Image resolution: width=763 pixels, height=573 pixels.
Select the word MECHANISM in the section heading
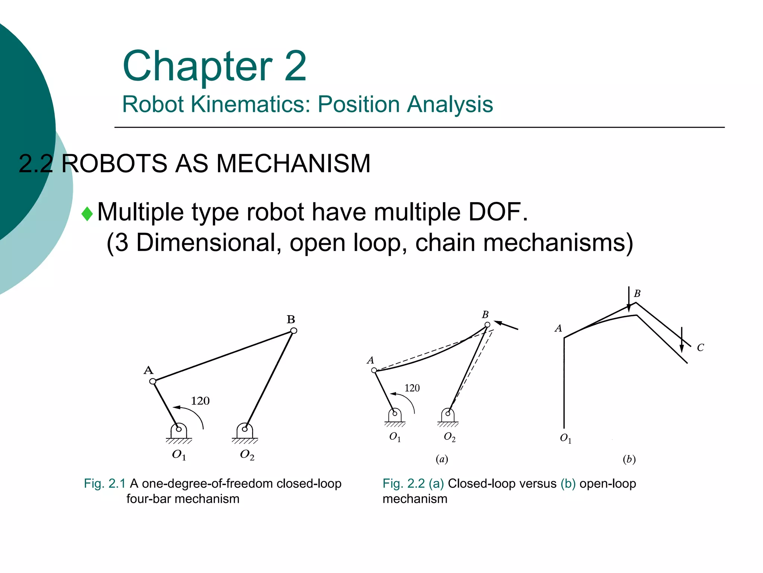293,164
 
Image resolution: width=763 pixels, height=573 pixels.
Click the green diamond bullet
87,214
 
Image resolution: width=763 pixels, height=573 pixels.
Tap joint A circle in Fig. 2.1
153,381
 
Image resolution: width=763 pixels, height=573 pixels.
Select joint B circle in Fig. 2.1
294,331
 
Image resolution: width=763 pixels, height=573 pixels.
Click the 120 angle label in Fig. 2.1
200,401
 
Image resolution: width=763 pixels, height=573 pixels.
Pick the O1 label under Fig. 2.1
179,455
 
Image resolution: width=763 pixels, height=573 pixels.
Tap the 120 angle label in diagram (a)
412,388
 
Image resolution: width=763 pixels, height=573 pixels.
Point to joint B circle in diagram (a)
487,325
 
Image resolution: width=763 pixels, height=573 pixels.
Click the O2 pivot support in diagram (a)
448,416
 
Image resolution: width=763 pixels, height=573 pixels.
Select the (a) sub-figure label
442,459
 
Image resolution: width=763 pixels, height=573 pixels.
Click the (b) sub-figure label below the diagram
629,459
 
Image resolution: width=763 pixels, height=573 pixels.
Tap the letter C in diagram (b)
700,348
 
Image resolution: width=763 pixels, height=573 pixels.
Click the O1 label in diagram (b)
566,438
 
